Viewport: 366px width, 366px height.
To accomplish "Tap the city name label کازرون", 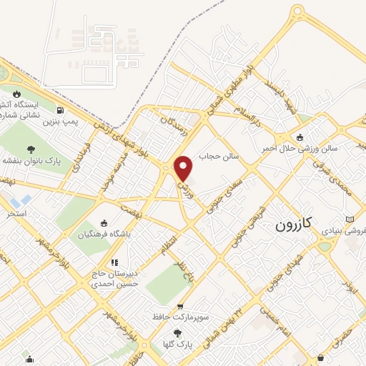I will tap(294, 224).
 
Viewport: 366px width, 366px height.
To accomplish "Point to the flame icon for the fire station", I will tap(16, 94).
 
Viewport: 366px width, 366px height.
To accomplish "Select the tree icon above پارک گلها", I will tap(178, 333).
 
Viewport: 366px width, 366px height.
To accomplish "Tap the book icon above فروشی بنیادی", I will tap(349, 219).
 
